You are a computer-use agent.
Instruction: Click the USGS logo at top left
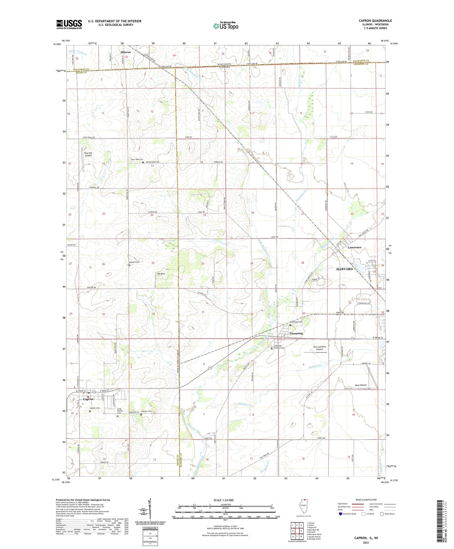tap(69, 24)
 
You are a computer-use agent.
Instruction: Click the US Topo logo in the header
tap(225, 26)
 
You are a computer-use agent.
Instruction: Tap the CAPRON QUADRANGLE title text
tap(375, 21)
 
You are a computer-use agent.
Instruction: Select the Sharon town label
tap(126, 52)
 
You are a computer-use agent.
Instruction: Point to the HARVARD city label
tap(345, 269)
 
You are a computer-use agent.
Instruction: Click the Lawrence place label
tap(354, 247)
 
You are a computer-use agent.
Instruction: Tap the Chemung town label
tap(296, 333)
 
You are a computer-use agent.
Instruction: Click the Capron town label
tap(88, 399)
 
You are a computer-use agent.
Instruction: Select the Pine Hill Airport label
tap(88, 154)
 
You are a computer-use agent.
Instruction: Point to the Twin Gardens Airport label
tap(319, 348)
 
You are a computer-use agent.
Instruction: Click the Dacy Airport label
tap(360, 385)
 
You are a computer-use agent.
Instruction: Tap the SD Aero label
tap(161, 274)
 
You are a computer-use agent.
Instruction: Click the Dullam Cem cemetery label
tap(133, 262)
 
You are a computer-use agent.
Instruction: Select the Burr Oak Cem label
tap(137, 159)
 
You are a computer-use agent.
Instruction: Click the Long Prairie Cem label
tap(119, 411)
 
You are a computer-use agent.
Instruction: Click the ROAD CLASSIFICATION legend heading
tap(366, 500)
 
